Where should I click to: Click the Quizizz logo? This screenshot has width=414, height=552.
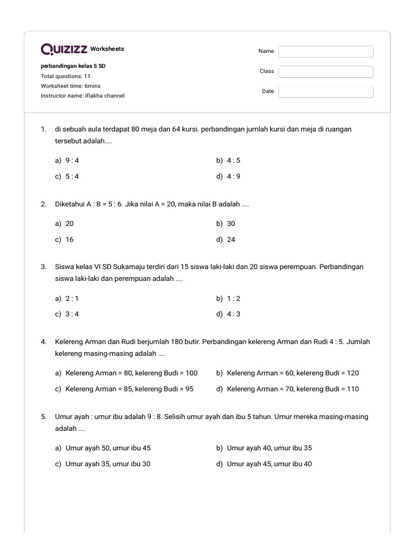point(64,50)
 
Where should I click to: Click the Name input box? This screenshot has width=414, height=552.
point(326,51)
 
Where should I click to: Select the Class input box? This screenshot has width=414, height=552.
point(326,72)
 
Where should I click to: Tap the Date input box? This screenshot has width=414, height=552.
point(326,92)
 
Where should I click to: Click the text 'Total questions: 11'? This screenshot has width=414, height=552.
point(66,76)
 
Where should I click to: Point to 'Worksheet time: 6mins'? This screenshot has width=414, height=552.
point(71,86)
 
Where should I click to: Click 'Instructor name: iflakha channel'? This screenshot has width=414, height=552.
point(82,95)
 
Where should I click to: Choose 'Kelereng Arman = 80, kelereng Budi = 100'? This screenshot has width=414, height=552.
point(126,372)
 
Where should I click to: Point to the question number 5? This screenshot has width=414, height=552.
point(43,417)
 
